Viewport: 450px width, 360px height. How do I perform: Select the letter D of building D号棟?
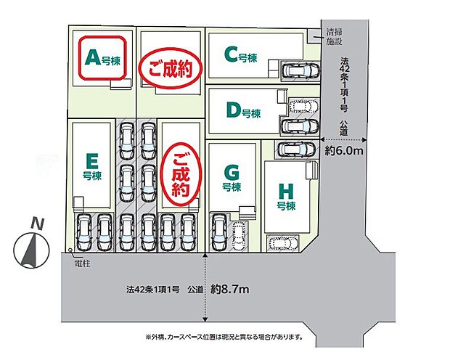click(232, 110)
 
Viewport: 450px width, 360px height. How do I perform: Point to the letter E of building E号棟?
click(91, 160)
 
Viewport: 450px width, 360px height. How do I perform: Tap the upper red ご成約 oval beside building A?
click(169, 70)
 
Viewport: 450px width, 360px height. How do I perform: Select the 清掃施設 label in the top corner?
click(335, 37)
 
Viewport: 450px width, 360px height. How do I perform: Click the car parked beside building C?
click(300, 71)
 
